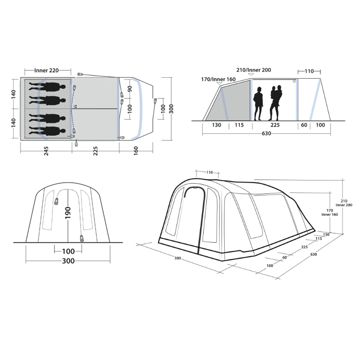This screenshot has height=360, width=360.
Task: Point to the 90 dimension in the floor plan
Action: click(130, 88)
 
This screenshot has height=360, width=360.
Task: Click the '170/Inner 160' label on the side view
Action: click(218, 80)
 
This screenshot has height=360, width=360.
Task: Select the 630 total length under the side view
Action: click(266, 133)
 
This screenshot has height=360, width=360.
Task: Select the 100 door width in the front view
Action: click(68, 251)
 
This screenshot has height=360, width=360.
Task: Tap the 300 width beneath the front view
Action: click(68, 261)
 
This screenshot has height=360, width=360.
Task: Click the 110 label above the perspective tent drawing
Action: click(209, 172)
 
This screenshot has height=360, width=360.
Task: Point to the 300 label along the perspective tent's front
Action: click(177, 258)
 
